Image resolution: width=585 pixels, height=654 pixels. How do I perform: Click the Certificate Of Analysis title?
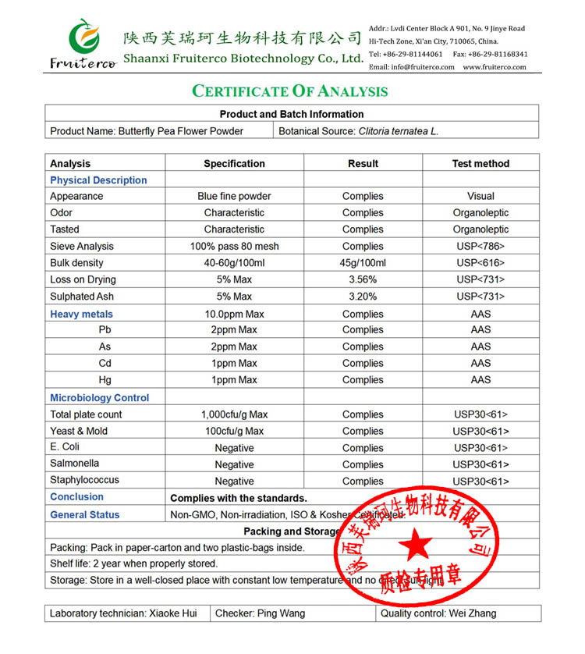(x=290, y=91)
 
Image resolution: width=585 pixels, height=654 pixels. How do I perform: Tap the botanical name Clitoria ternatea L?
(x=398, y=131)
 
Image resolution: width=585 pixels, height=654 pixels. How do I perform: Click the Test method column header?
(x=480, y=164)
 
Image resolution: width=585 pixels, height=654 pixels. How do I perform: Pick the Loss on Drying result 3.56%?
(x=363, y=279)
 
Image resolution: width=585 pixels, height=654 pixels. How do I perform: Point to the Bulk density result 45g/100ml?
(x=363, y=263)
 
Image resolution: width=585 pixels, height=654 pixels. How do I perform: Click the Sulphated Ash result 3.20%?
(x=363, y=297)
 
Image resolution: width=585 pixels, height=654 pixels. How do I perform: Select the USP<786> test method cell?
(x=480, y=246)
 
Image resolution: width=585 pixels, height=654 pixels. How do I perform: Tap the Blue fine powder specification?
(x=234, y=197)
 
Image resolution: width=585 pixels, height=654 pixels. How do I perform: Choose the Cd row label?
(x=105, y=364)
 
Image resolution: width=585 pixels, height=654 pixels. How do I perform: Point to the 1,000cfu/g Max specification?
(x=234, y=414)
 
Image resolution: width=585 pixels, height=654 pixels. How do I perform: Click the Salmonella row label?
(x=75, y=464)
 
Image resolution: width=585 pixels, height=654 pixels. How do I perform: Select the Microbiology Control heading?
(x=99, y=398)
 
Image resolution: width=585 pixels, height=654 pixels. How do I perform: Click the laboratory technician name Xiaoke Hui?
(x=172, y=613)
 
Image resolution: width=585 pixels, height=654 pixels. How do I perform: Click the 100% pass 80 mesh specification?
(x=234, y=246)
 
